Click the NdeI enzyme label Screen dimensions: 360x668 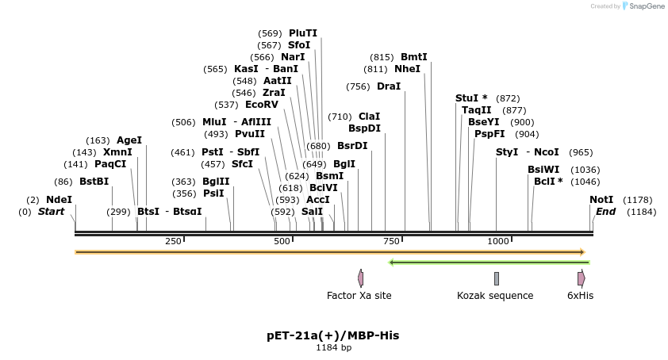click(59, 200)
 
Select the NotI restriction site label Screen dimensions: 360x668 click(601, 200)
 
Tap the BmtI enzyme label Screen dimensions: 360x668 click(414, 57)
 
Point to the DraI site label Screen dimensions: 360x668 click(389, 86)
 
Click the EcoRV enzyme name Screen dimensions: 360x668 click(262, 105)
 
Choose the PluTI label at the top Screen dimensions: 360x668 click(303, 33)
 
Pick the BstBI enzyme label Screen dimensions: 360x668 click(94, 182)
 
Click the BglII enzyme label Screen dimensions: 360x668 click(216, 182)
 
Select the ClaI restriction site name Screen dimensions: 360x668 click(370, 117)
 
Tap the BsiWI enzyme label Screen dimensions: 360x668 click(543, 170)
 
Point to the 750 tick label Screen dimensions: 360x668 click(390, 241)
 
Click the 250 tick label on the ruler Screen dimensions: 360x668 click(173, 241)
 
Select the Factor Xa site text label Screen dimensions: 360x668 click(359, 296)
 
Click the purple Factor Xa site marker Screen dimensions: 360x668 click(361, 278)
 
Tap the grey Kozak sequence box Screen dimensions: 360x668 click(497, 278)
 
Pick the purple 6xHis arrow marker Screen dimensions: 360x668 click(581, 278)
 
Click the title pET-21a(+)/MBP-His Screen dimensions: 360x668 click(333, 335)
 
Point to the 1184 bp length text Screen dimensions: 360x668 click(333, 347)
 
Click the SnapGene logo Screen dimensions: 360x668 click(643, 6)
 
